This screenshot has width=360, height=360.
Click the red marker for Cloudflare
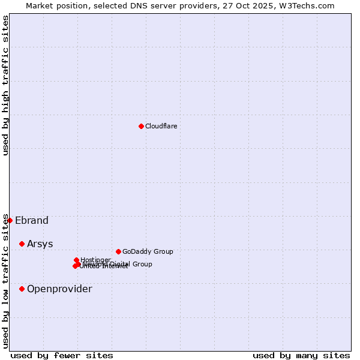[141, 126]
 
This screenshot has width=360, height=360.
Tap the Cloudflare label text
[161, 126]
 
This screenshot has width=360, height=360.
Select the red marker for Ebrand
[10, 220]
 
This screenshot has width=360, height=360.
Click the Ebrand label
[32, 220]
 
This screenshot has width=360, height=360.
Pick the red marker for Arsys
[22, 244]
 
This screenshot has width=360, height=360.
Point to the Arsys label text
[40, 244]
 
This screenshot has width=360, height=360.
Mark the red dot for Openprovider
[22, 289]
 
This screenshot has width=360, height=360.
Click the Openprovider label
[59, 289]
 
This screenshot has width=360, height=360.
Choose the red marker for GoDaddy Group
[118, 251]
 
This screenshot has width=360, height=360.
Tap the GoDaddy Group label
[147, 251]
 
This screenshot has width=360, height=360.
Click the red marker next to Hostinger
[77, 260]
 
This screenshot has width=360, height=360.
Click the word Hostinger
[95, 260]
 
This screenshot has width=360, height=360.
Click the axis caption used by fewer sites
[62, 355]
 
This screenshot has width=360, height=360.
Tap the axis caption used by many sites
[301, 355]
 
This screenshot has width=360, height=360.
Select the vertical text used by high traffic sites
[5, 86]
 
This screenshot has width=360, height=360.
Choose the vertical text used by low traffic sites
[5, 281]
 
